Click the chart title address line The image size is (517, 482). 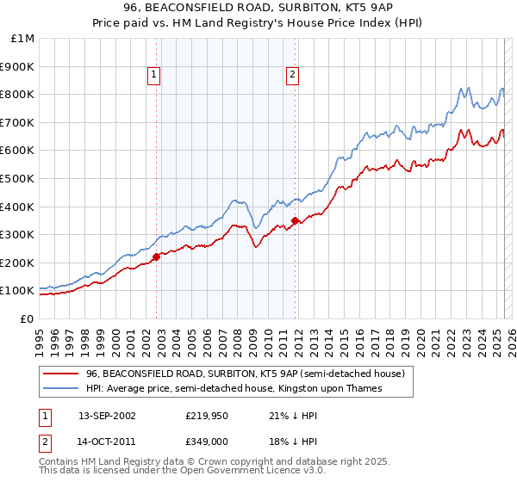pos(258,9)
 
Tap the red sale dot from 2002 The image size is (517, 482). pos(156,256)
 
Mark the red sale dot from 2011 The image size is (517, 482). pos(295,220)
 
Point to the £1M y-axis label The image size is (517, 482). pos(22,38)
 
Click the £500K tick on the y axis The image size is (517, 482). pos(18,178)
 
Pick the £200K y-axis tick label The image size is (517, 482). pos(18,263)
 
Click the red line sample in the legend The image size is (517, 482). pos(60,374)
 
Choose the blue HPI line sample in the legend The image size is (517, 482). pos(60,389)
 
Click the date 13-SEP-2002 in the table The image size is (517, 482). pos(107,416)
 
